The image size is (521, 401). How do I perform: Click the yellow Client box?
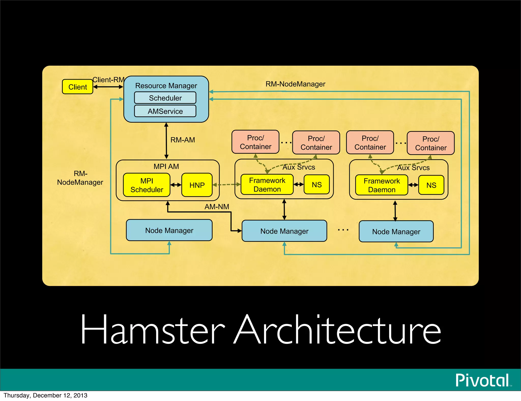pyautogui.click(x=78, y=87)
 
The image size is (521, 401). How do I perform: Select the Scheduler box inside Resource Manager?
pyautogui.click(x=165, y=98)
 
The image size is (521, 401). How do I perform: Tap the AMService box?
pyautogui.click(x=165, y=111)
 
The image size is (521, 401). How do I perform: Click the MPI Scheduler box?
pyautogui.click(x=147, y=185)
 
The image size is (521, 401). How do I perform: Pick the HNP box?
pyautogui.click(x=197, y=185)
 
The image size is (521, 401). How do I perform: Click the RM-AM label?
pyautogui.click(x=183, y=140)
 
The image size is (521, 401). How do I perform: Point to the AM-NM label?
pyautogui.click(x=217, y=207)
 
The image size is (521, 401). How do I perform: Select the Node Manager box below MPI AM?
pyautogui.click(x=169, y=230)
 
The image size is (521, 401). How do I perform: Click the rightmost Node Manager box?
pyautogui.click(x=396, y=232)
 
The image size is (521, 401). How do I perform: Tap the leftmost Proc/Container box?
pyautogui.click(x=255, y=142)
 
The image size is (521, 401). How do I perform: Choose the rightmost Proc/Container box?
pyautogui.click(x=431, y=143)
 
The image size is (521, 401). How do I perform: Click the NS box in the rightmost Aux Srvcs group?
pyautogui.click(x=431, y=185)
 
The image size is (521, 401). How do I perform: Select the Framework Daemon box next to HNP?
pyautogui.click(x=267, y=185)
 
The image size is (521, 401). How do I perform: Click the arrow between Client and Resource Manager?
pyautogui.click(x=108, y=87)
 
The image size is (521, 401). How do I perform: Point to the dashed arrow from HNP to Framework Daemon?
pyautogui.click(x=226, y=184)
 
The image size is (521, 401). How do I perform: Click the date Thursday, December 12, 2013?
pyautogui.click(x=46, y=395)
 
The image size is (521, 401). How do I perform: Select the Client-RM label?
pyautogui.click(x=108, y=80)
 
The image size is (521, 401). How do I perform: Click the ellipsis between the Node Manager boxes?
pyautogui.click(x=343, y=230)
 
